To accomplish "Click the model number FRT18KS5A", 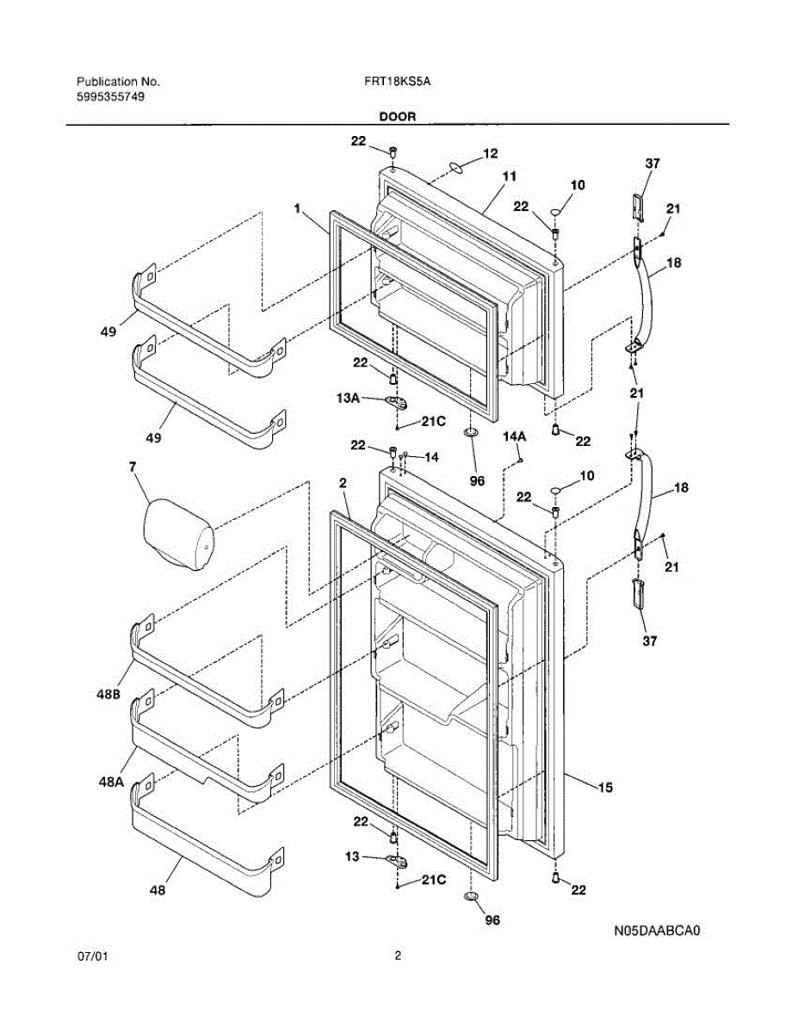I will [397, 82].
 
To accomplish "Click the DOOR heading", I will [398, 116].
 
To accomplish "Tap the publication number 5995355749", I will [111, 96].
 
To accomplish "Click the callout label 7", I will [133, 467].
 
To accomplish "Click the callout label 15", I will [605, 786].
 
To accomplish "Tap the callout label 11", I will [509, 176].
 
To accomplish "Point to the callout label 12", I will [490, 154].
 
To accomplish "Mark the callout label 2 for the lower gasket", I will [343, 484].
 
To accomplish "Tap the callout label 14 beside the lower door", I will [430, 458].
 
